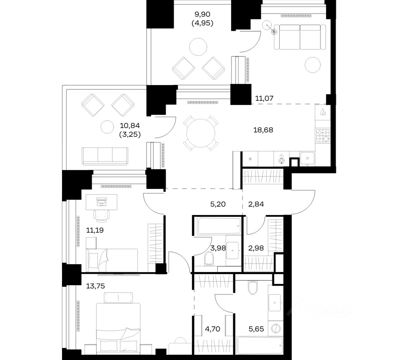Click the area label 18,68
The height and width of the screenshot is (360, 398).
263,130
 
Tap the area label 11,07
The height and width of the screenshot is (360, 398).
264,98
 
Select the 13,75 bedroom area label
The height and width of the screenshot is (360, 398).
96,286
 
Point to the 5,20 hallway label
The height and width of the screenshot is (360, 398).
218,204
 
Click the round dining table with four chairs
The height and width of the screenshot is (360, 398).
201,133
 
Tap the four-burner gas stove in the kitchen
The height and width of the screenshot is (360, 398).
323,136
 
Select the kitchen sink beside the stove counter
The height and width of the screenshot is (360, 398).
307,159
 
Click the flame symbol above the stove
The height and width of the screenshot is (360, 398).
323,112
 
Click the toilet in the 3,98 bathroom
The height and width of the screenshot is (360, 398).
209,259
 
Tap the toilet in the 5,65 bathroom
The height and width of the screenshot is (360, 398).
253,287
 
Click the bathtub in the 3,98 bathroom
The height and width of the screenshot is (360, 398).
219,226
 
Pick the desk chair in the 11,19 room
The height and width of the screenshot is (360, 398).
102,215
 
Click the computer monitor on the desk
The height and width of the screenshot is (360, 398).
101,202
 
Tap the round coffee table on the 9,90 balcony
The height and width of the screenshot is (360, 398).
198,47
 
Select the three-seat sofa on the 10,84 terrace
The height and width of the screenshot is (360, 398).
105,156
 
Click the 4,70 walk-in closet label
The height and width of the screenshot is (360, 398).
212,329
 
